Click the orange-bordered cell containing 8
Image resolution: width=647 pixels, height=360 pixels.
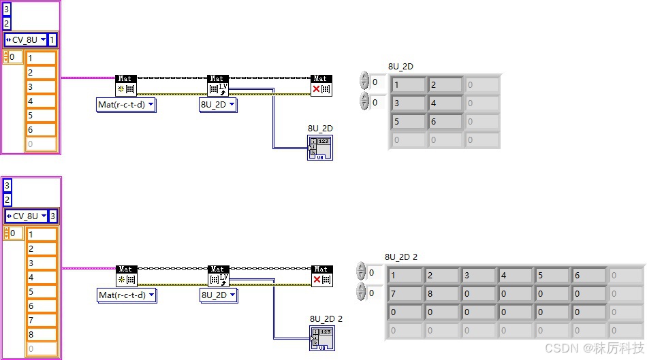pyautogui.click(x=41, y=334)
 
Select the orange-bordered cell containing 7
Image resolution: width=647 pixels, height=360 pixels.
pyautogui.click(x=41, y=320)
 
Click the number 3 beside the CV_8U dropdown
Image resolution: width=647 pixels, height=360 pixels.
pyautogui.click(x=53, y=216)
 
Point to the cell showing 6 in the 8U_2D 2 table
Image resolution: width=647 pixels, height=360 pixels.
pyautogui.click(x=589, y=276)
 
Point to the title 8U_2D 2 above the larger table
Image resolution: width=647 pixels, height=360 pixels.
pyautogui.click(x=401, y=257)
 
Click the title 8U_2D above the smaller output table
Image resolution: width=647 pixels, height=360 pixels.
pyautogui.click(x=400, y=66)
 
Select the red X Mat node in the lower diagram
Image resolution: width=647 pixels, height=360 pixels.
pyautogui.click(x=321, y=276)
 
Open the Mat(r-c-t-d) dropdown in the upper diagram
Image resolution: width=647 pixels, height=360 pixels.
pyautogui.click(x=127, y=105)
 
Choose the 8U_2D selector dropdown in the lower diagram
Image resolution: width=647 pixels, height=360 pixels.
pyautogui.click(x=218, y=295)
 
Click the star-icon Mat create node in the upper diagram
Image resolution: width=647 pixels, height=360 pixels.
pyautogui.click(x=127, y=85)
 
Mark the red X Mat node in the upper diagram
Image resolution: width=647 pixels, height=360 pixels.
pyautogui.click(x=321, y=85)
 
